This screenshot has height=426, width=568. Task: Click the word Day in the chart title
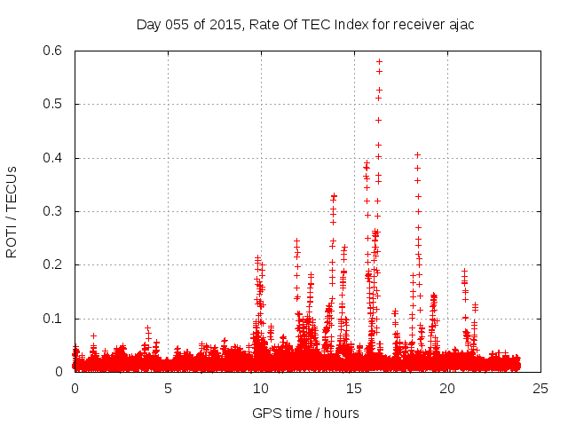tap(148, 24)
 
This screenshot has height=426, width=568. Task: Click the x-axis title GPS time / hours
tap(305, 413)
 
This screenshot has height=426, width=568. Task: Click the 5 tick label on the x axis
tap(168, 389)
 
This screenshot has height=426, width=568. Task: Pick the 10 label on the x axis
tap(261, 389)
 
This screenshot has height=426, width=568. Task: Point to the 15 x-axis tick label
tap(354, 389)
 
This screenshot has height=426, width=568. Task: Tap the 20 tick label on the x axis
tap(447, 389)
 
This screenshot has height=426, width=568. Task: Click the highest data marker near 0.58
tap(379, 61)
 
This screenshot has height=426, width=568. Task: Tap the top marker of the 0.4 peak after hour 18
tap(417, 154)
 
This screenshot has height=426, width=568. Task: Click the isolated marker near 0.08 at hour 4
tap(147, 327)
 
